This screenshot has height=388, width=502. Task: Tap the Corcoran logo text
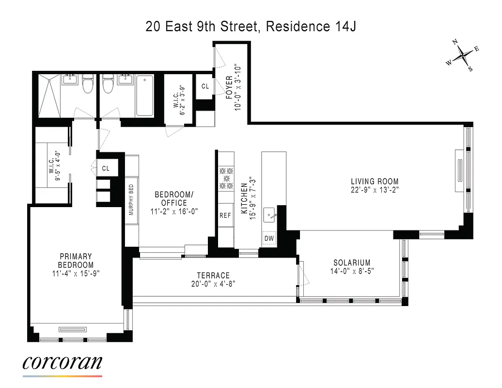[63, 362]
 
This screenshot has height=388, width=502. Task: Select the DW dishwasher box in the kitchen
[269, 238]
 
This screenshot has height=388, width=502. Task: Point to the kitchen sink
[269, 214]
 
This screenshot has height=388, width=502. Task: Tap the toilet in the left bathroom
[88, 86]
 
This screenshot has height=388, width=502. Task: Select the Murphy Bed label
[131, 199]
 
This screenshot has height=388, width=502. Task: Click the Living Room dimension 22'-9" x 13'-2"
[375, 190]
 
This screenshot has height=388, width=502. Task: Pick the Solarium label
[352, 262]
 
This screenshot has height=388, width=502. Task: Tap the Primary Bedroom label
[76, 260]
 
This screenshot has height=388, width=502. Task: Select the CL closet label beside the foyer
[205, 86]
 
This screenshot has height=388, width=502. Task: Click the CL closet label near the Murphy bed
[106, 169]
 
